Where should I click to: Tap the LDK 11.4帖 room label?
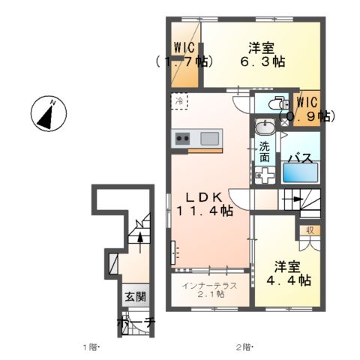[202, 204]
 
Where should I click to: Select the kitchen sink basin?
[210, 138]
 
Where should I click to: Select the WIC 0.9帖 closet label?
[307, 109]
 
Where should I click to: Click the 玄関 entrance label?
[129, 297]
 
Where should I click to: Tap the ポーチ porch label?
[135, 322]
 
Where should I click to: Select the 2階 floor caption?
[244, 347]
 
